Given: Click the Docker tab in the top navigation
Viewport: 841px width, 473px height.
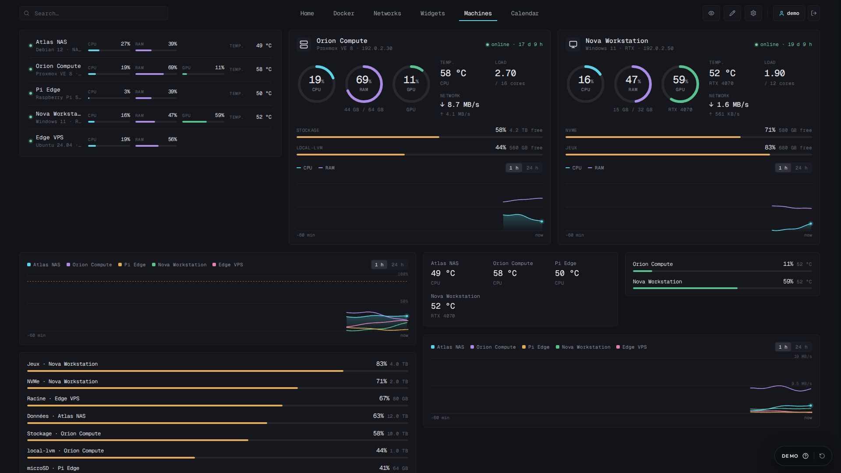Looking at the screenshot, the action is [x=343, y=14].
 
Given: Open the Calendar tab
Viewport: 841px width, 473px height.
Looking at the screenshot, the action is [x=525, y=14].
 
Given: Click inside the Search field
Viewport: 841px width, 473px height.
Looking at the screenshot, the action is [x=93, y=13].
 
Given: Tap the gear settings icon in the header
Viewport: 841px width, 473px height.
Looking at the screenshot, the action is [x=753, y=13].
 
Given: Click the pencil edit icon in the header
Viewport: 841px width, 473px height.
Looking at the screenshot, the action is [x=732, y=13].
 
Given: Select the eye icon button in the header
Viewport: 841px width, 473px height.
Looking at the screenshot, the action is [x=711, y=13].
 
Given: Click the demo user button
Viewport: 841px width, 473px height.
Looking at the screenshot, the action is [x=789, y=13].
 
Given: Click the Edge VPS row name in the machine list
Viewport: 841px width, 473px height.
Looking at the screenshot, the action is [x=49, y=138].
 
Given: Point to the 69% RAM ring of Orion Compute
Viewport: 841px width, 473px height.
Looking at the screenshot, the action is [x=381, y=84].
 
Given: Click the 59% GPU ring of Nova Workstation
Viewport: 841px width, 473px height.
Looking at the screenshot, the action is [x=697, y=84].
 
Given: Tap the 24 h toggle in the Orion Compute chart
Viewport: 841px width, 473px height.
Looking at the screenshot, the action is [x=532, y=168].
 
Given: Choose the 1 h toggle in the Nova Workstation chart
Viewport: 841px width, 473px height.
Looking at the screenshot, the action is [x=783, y=168].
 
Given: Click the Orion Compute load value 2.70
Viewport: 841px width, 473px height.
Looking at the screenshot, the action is [x=505, y=73].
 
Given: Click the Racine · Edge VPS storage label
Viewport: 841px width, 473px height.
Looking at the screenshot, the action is [x=53, y=399].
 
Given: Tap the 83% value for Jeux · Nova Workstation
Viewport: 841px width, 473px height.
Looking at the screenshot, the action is [x=381, y=364].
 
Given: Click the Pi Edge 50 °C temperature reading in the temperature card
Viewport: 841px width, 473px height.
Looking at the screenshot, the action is [x=567, y=273].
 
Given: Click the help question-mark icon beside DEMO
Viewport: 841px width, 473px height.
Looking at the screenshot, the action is [x=805, y=456].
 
